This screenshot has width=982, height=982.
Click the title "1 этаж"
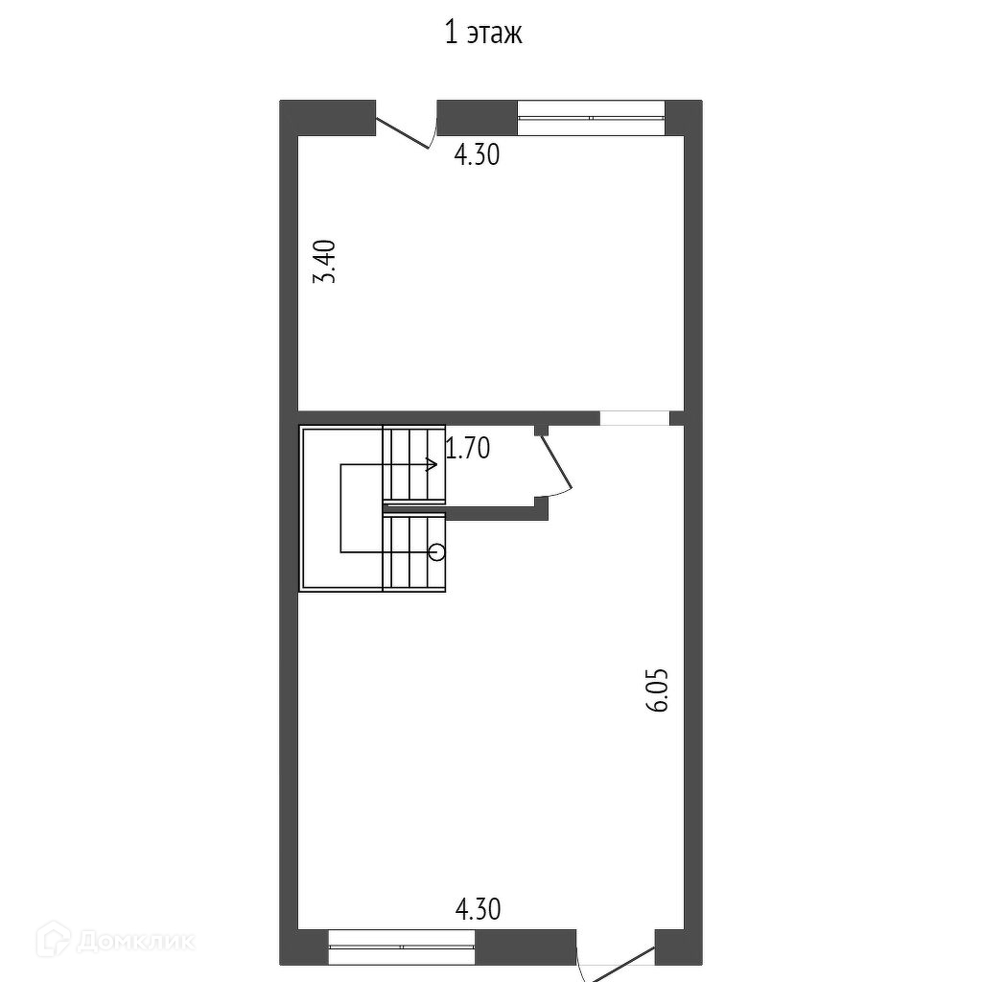pyautogui.click(x=483, y=34)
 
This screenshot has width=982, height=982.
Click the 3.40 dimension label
pyautogui.click(x=325, y=261)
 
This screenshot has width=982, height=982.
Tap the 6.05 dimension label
pyautogui.click(x=657, y=690)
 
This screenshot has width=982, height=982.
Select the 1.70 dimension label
pyautogui.click(x=467, y=449)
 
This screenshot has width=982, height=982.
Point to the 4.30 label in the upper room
pyautogui.click(x=477, y=154)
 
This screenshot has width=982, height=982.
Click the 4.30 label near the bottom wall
pyautogui.click(x=478, y=909)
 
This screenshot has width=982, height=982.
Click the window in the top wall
pyautogui.click(x=591, y=118)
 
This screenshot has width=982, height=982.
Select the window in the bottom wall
pyautogui.click(x=402, y=947)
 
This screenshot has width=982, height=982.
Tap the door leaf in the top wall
pyautogui.click(x=402, y=132)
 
